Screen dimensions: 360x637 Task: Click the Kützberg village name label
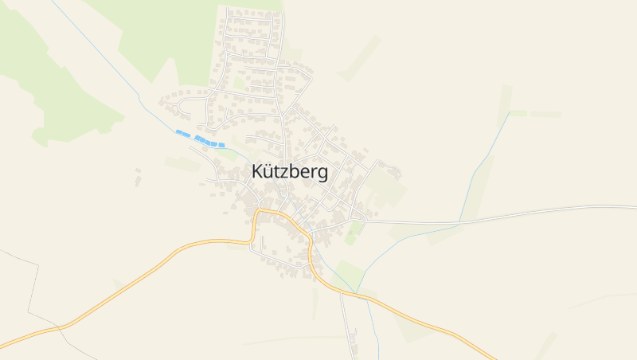(289, 172)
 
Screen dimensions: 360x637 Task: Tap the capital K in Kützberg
(258, 172)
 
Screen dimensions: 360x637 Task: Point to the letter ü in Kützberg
(272, 172)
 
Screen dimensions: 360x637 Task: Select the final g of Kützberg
(321, 174)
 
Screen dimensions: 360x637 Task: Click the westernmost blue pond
(182, 133)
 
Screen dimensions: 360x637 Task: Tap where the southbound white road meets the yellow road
(342, 293)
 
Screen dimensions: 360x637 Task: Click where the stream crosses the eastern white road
(460, 221)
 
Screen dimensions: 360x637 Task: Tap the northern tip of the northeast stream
(508, 114)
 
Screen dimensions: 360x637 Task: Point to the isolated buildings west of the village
(138, 176)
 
